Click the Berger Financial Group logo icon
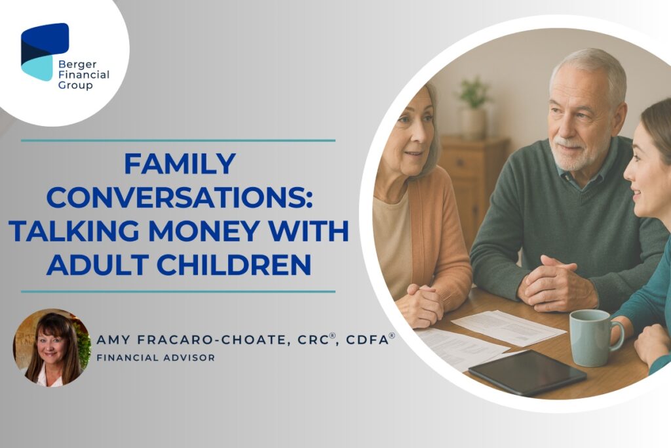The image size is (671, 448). point(45,52)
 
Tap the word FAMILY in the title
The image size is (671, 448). point(180,163)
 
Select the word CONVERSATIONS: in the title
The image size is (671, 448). point(180,197)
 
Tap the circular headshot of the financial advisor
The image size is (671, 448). point(52,348)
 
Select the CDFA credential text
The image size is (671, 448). point(371,339)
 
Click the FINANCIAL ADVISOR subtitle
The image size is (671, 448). point(156,357)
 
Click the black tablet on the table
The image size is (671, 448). point(527,372)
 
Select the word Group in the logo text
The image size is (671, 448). point(75,85)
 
